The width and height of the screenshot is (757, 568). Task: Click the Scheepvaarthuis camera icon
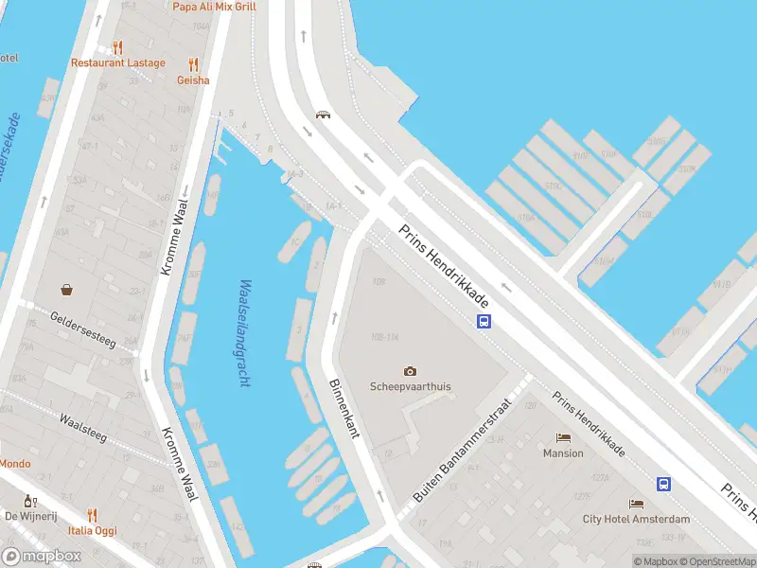410,371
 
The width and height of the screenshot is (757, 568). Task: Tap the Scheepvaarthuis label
410,386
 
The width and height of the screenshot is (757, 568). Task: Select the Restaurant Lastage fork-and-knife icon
117,47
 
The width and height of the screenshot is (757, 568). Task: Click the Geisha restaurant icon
193,64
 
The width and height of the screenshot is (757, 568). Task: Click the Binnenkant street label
343,409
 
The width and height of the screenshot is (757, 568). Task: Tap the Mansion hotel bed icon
564,438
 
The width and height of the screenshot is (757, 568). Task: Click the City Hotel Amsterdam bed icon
637,505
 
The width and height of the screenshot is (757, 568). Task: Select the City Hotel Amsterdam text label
637,519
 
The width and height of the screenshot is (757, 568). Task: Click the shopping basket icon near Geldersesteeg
67,290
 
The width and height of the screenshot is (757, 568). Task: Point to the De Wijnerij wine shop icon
31,501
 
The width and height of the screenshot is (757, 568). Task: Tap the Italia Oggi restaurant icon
93,515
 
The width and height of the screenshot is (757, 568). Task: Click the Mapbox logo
42,557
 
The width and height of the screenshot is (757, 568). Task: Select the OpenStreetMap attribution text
719,561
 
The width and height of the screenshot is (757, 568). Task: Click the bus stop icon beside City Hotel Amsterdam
664,484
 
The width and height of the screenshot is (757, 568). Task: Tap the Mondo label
14,464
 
